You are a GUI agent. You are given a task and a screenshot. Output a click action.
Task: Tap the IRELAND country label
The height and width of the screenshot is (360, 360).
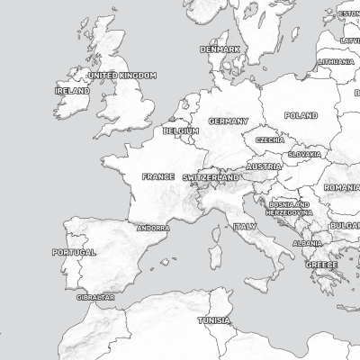point(72,91)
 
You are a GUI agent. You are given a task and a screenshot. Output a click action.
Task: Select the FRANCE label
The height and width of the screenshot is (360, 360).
point(158,176)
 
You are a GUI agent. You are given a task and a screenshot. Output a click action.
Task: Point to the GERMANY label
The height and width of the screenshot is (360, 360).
point(229,121)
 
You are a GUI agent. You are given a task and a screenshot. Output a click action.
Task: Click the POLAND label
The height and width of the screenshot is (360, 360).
point(301,115)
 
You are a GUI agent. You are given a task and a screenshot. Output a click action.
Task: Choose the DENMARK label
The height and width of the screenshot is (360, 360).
point(220,49)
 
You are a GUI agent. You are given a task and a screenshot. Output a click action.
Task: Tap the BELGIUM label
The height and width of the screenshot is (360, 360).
point(181,130)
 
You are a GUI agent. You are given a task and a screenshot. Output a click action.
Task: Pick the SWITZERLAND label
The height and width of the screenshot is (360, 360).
point(211,178)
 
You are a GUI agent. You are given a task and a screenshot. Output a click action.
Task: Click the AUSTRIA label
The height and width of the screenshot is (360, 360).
point(264,166)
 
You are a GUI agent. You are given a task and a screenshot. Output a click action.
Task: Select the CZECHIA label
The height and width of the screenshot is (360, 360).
point(270,140)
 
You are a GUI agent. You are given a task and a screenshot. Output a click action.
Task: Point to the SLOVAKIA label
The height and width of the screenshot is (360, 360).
point(304,154)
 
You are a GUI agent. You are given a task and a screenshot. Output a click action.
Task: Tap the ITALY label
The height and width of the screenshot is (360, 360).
point(245,227)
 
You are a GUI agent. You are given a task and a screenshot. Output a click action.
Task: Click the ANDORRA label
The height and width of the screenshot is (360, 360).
point(153,228)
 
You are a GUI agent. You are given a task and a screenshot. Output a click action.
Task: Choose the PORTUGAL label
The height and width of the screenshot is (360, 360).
point(74,253)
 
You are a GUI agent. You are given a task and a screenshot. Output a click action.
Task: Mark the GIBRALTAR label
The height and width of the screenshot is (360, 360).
point(95,296)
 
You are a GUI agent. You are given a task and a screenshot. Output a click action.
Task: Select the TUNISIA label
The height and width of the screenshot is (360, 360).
point(214,320)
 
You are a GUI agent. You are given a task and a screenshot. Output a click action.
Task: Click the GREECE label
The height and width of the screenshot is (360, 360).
point(321,265)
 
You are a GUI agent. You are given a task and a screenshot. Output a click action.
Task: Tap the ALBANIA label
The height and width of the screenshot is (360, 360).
point(307,243)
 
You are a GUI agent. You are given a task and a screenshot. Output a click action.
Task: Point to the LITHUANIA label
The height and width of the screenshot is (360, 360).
point(336,61)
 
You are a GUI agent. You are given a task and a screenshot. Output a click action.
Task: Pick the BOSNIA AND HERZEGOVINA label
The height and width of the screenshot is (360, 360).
point(290,208)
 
